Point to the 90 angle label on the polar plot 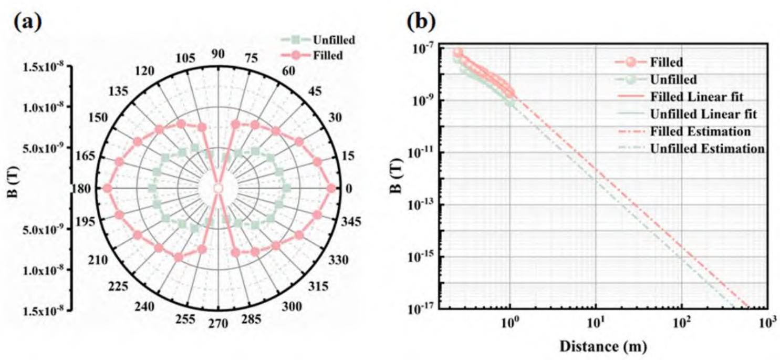tap(218, 54)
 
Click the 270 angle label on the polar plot tap(218, 323)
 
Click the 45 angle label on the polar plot tap(315, 91)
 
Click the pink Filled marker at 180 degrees tap(107, 188)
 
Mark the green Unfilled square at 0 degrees tap(286, 188)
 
